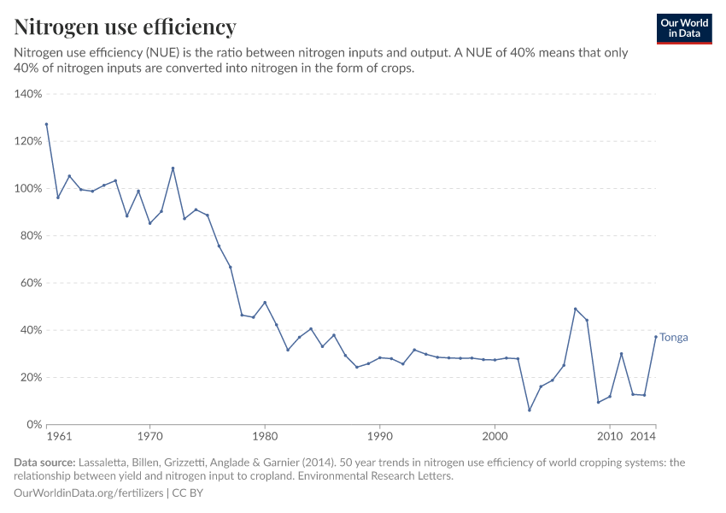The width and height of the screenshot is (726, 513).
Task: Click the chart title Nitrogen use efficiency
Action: pos(125,27)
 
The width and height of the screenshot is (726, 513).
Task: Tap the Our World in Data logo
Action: pos(684,28)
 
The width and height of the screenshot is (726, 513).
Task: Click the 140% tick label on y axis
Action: pos(28,94)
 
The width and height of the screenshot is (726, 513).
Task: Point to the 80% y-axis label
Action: pos(31,236)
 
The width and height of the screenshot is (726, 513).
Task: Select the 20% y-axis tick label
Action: pos(31,377)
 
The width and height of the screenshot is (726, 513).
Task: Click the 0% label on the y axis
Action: pos(34,424)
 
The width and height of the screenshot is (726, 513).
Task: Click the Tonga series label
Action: pos(673,337)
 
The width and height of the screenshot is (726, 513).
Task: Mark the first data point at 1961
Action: pos(47,124)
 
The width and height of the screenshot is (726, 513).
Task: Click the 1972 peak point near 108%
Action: pos(173,168)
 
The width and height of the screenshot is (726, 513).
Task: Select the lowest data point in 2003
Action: pos(530,410)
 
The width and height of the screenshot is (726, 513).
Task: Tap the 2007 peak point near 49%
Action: pos(576,309)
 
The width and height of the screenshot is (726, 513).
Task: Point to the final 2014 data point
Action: pos(656,336)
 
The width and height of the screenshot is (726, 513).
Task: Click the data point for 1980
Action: pos(265,303)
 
